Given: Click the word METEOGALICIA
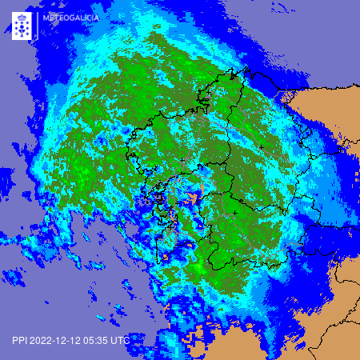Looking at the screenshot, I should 70,15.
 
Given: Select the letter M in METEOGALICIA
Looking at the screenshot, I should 46,15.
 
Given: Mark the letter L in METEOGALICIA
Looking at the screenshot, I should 84,15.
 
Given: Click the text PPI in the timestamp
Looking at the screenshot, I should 19,340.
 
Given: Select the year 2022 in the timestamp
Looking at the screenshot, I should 42,340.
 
